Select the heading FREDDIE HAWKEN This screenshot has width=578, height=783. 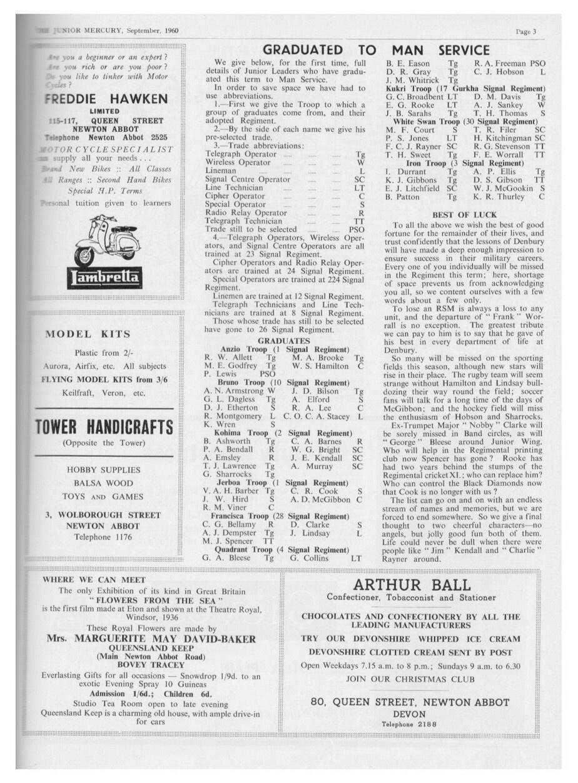pos(107,99)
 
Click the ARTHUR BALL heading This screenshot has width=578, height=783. pos(412,585)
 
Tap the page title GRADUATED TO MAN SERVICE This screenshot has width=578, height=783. pos(376,50)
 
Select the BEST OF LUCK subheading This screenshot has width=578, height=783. pos(464,214)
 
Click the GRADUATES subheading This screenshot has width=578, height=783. pos(284,341)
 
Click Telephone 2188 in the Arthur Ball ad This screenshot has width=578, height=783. pos(410,724)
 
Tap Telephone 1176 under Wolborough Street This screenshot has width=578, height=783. pos(104,537)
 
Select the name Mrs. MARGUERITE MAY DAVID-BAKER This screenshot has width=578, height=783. pos(151,639)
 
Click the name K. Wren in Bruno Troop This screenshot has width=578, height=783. pos(217,424)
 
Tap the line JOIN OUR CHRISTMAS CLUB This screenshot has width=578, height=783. pos(410,679)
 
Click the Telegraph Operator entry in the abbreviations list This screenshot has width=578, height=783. pos(241,154)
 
